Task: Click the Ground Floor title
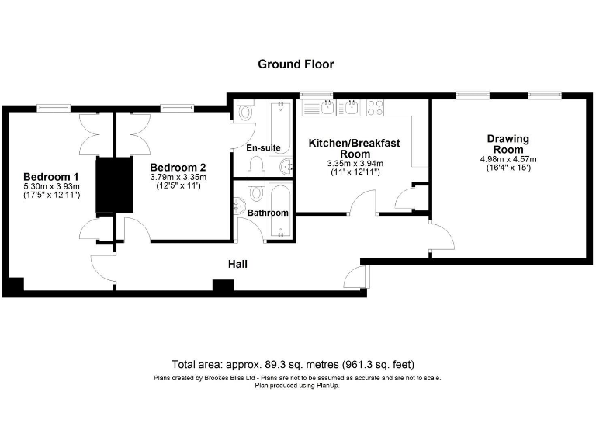click(x=296, y=64)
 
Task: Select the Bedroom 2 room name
click(x=178, y=168)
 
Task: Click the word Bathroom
click(x=269, y=213)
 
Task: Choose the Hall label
click(x=237, y=265)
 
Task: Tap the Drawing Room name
click(x=508, y=144)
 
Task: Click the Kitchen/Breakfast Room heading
click(x=354, y=148)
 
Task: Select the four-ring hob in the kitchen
click(x=376, y=107)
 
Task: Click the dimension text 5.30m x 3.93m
click(x=51, y=186)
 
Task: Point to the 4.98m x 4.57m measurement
click(x=508, y=159)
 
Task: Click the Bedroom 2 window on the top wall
click(x=178, y=107)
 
